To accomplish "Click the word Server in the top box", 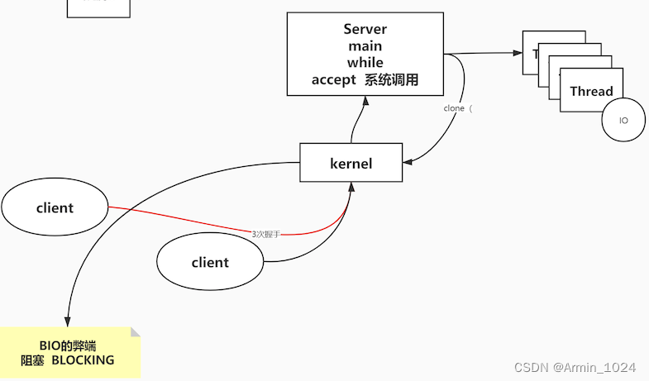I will click(x=365, y=29).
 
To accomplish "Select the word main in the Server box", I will click(x=365, y=46).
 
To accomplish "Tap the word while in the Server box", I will click(x=365, y=63).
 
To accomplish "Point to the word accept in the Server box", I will click(x=334, y=80).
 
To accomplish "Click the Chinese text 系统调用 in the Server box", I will click(x=392, y=80).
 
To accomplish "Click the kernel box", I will click(x=351, y=163).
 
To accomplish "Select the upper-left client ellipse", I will click(x=55, y=207).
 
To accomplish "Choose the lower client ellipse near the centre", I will click(x=210, y=262).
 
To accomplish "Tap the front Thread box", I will click(x=591, y=91).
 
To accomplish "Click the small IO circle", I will click(x=623, y=121).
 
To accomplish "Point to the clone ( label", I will click(x=458, y=108).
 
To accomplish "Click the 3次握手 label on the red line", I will click(x=266, y=234).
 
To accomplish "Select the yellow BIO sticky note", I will click(x=69, y=352).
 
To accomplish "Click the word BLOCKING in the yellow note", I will click(x=83, y=360).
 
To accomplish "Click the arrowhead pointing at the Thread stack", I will click(x=518, y=53).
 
